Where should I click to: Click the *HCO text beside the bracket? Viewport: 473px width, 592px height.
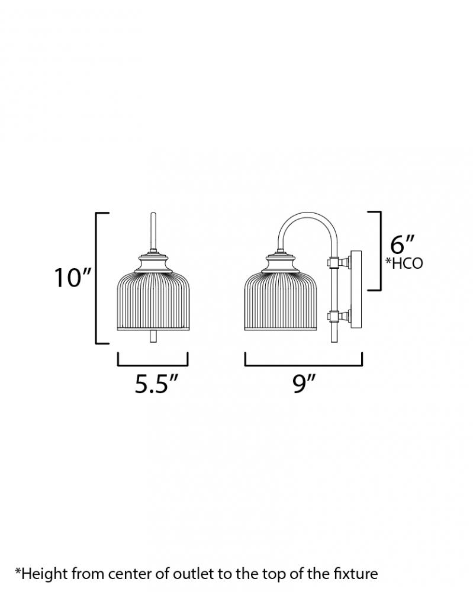[x=404, y=263]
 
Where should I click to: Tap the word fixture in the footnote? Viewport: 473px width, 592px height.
[x=356, y=574]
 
